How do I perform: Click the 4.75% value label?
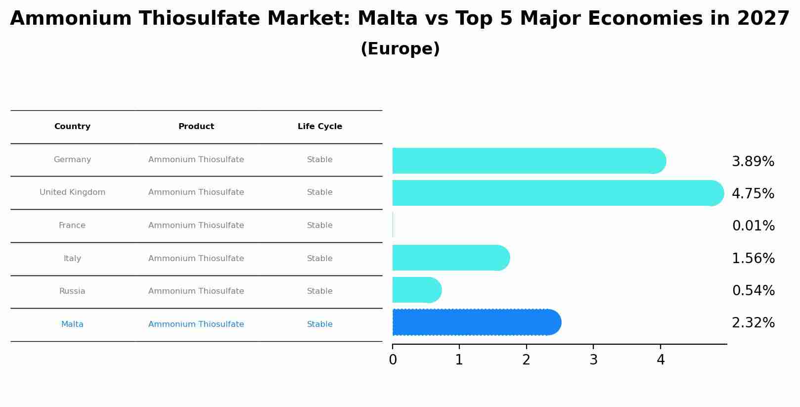[x=753, y=193]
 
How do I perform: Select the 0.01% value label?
[x=753, y=226]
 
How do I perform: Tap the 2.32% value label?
[x=753, y=323]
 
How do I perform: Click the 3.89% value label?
[x=753, y=162]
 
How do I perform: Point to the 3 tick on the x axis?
[x=593, y=360]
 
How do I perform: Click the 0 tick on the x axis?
[x=393, y=360]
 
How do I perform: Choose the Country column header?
[x=72, y=127]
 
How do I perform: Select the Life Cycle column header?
[x=319, y=127]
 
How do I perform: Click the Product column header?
[x=196, y=127]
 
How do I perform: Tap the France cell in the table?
[x=72, y=226]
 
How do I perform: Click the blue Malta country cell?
[x=72, y=324]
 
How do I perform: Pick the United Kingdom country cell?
[x=72, y=192]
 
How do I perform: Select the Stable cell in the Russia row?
[x=319, y=291]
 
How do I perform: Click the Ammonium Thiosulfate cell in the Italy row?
[x=196, y=259]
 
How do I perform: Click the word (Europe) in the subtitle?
[x=400, y=49]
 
